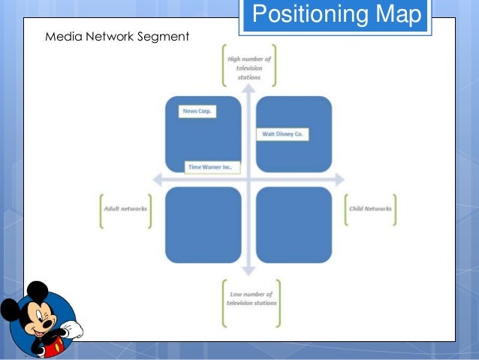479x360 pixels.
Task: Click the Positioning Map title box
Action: (x=335, y=15)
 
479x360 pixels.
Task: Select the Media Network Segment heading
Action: (x=116, y=36)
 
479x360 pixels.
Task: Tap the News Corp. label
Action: (x=198, y=111)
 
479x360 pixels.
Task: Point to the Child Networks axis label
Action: (x=370, y=209)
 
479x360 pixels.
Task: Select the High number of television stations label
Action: (x=249, y=66)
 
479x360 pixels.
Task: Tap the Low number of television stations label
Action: (x=252, y=298)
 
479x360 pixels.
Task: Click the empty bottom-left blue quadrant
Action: (x=203, y=225)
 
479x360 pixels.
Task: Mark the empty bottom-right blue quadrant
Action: (x=294, y=225)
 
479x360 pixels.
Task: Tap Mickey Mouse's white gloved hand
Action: (x=72, y=329)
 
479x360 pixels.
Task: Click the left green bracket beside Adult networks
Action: (x=101, y=210)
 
